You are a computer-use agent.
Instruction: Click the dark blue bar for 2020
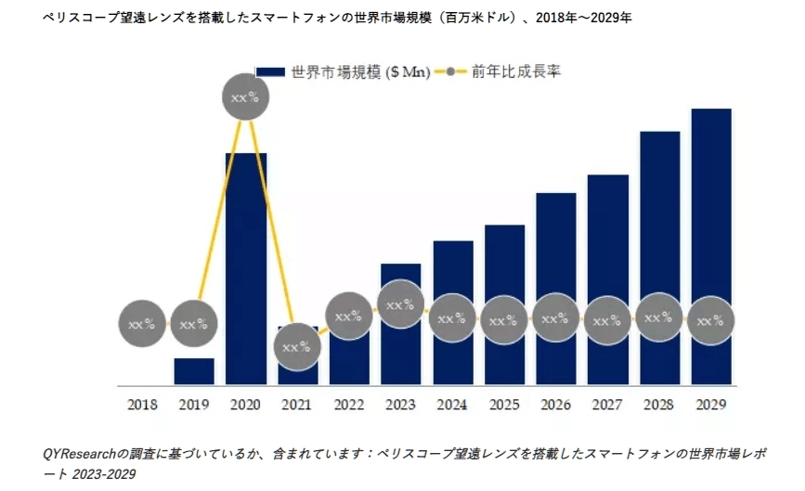pos(246,232)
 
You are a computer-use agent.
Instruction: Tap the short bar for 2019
pos(194,371)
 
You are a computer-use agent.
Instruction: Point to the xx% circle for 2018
pos(142,325)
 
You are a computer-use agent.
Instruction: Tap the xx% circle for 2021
pos(297,347)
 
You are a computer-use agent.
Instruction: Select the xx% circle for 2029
pos(711,321)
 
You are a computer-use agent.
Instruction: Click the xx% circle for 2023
pos(401,304)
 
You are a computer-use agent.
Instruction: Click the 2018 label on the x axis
pos(142,405)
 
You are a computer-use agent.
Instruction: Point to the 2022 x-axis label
pos(349,405)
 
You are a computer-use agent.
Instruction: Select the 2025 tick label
pos(504,405)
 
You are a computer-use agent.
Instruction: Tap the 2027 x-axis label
pos(608,405)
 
